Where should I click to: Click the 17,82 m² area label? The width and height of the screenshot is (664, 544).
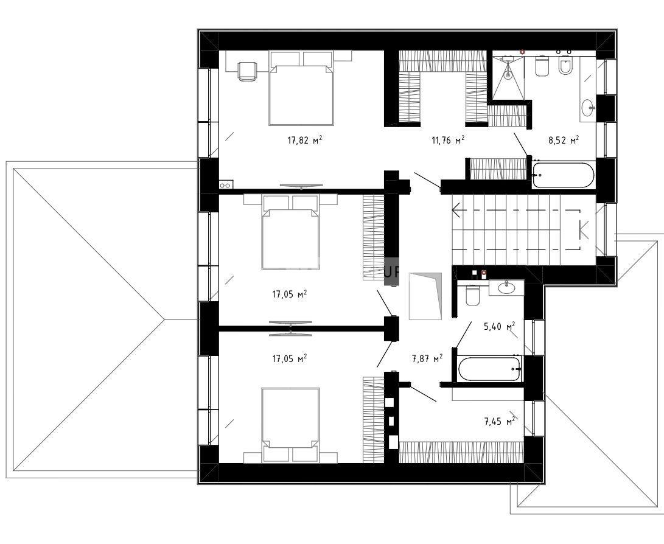(304, 140)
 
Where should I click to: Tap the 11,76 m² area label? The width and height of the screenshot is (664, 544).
(449, 140)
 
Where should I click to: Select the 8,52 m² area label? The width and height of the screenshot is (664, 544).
(564, 140)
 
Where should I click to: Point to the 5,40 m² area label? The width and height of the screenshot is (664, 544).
(499, 326)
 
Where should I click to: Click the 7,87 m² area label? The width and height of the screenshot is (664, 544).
(427, 358)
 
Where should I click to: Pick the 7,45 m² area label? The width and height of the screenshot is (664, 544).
(499, 421)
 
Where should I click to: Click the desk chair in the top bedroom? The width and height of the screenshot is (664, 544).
(247, 70)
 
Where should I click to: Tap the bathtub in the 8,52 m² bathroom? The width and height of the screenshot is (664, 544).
(563, 175)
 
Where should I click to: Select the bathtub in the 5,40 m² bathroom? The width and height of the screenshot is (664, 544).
(489, 369)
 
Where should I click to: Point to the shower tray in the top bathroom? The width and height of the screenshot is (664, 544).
(508, 75)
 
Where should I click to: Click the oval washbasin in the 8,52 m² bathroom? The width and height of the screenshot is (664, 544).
(589, 108)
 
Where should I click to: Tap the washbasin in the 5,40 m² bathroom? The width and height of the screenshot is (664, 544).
(506, 288)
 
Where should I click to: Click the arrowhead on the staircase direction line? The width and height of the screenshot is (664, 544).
(456, 210)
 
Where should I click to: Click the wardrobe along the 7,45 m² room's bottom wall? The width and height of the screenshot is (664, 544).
(461, 452)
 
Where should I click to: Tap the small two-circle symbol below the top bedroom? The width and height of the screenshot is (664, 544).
(225, 184)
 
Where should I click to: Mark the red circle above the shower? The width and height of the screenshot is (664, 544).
(522, 52)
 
